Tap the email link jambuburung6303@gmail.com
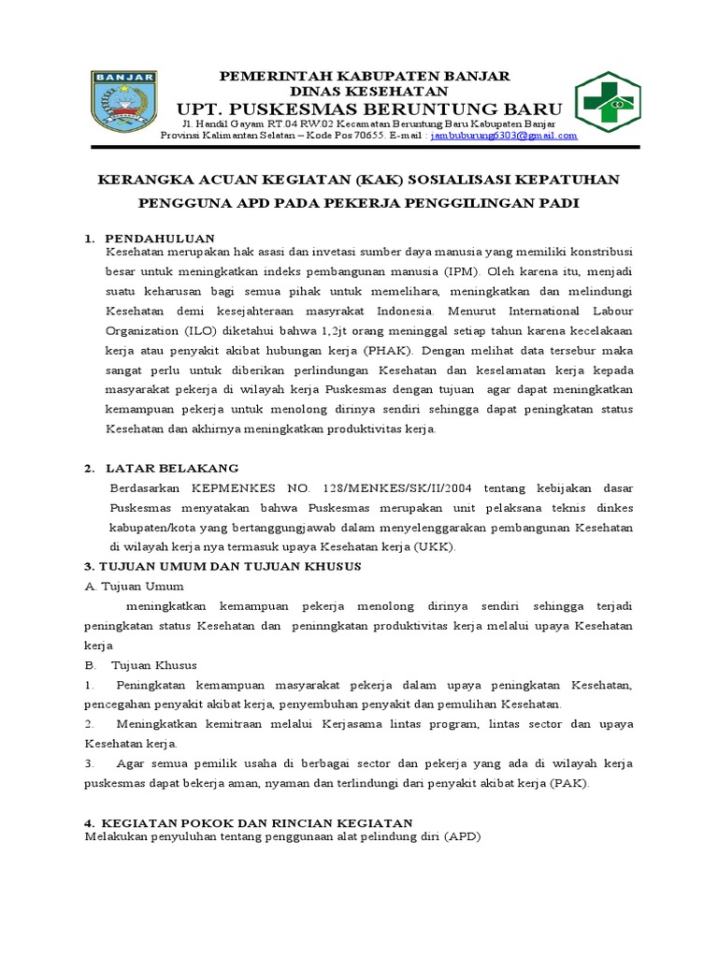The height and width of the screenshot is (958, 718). [504, 135]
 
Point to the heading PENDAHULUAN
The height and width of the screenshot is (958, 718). [160, 239]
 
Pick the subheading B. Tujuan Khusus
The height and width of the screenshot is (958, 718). [140, 665]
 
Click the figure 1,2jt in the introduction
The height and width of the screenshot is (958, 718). [321, 330]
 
